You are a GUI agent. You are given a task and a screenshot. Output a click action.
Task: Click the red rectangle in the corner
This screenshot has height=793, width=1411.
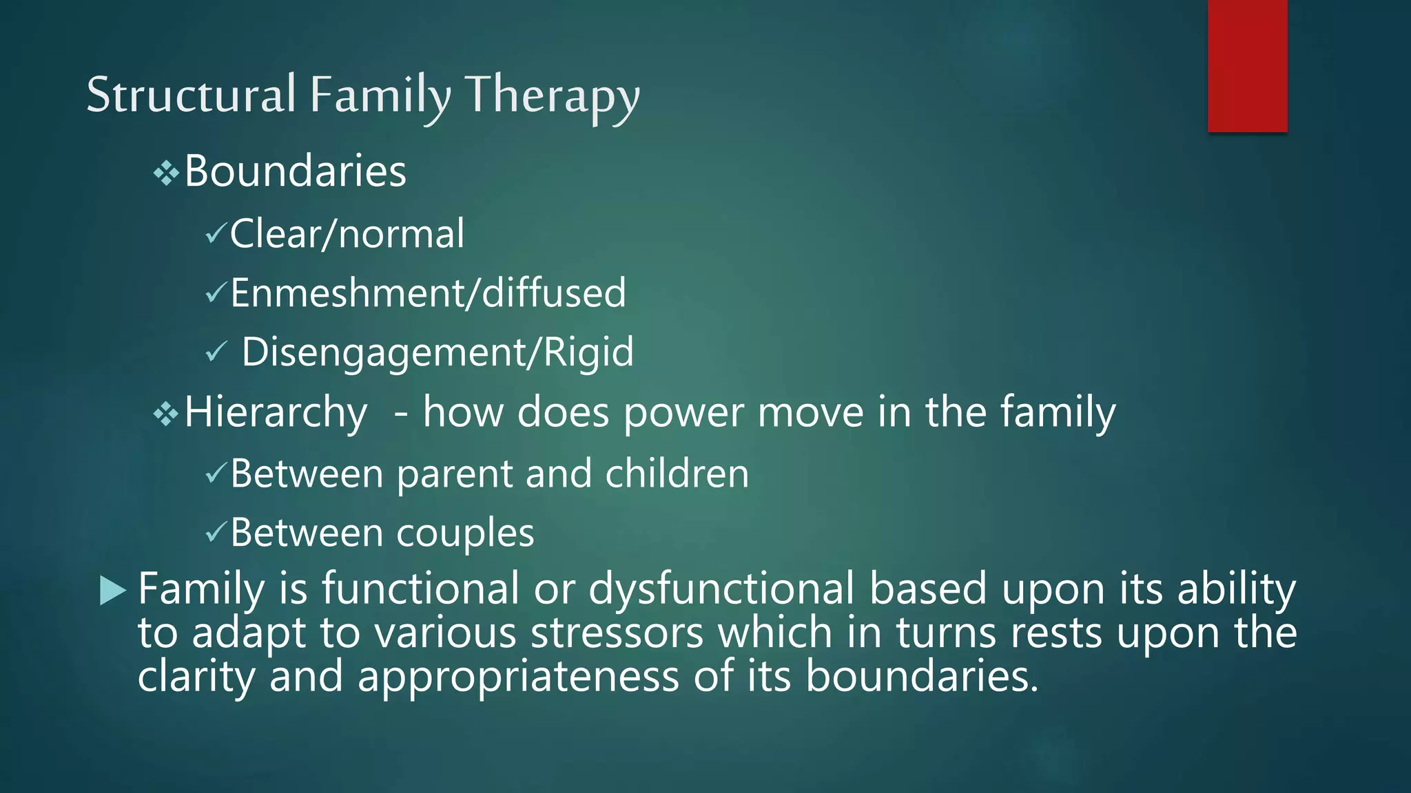click(x=1247, y=65)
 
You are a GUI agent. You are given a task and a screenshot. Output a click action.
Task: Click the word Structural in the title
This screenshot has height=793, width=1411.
click(x=191, y=95)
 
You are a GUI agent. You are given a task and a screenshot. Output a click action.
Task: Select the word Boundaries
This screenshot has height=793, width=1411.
click(x=295, y=171)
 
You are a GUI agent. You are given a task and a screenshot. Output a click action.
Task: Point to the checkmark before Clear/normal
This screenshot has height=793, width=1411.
click(x=216, y=235)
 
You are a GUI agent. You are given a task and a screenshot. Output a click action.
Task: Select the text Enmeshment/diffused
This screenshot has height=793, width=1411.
click(x=428, y=293)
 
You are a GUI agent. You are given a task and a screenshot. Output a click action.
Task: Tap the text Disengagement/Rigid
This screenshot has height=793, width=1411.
click(x=437, y=352)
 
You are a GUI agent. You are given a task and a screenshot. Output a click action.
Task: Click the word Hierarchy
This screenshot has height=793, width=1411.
click(x=276, y=412)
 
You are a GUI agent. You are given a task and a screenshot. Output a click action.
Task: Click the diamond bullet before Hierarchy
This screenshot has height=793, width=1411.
click(x=166, y=414)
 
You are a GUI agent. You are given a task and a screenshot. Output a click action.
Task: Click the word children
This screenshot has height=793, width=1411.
click(x=677, y=474)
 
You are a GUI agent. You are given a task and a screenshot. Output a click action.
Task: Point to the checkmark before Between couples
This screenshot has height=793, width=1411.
click(x=216, y=532)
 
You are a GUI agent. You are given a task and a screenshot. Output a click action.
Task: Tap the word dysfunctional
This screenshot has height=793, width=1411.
click(x=721, y=589)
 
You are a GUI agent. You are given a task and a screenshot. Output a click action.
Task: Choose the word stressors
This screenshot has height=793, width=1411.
click(x=617, y=633)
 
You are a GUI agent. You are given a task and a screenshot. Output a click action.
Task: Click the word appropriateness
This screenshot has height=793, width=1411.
click(x=518, y=677)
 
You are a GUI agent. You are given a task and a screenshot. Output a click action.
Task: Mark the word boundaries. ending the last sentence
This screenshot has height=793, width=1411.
click(x=921, y=677)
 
